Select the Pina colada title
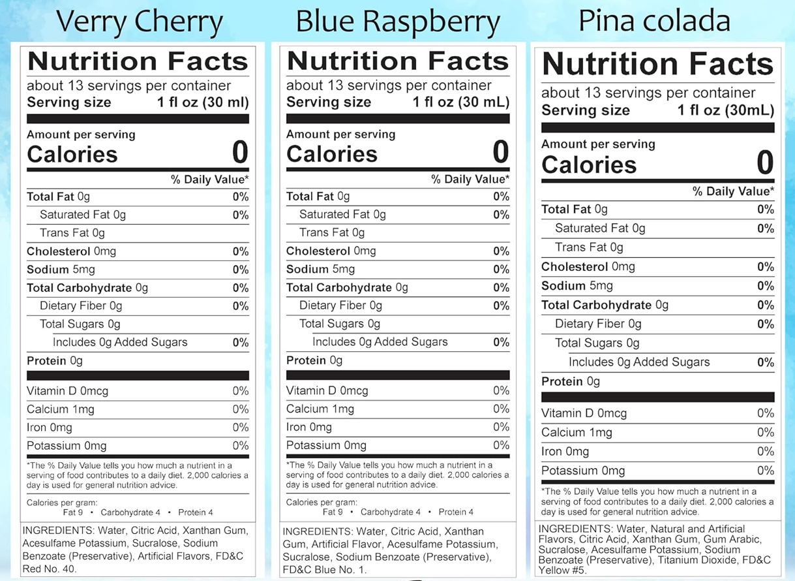click(x=654, y=21)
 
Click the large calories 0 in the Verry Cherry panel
click(x=240, y=153)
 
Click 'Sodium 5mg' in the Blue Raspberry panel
click(x=320, y=269)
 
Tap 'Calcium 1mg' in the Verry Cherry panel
click(x=61, y=409)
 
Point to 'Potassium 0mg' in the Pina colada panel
click(x=583, y=471)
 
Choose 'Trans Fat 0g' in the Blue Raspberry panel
click(x=331, y=232)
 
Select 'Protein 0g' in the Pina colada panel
click(x=570, y=381)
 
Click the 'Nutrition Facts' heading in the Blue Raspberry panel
click(x=398, y=61)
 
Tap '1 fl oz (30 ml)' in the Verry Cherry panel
click(x=203, y=102)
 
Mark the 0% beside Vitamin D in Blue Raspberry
click(x=501, y=390)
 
